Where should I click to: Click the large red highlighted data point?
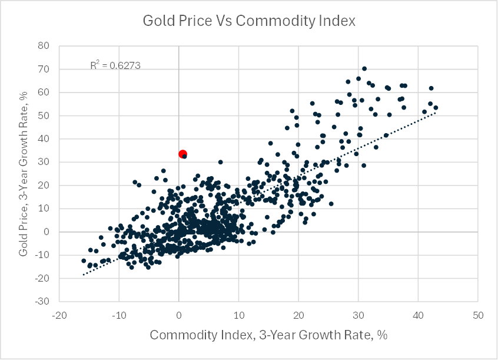pyautogui.click(x=182, y=154)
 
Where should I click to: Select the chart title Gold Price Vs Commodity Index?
pyautogui.click(x=250, y=21)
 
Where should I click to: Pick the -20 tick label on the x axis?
pyautogui.click(x=58, y=315)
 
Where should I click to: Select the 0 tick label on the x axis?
pyautogui.click(x=178, y=315)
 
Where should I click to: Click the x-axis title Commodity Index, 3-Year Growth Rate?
pyautogui.click(x=268, y=335)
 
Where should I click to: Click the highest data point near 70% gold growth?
pyautogui.click(x=364, y=69)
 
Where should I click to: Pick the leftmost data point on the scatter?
pyautogui.click(x=84, y=260)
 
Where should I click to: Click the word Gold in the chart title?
pyautogui.click(x=157, y=21)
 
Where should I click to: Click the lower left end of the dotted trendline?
pyautogui.click(x=84, y=275)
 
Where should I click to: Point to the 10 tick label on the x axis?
pyautogui.click(x=238, y=315)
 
